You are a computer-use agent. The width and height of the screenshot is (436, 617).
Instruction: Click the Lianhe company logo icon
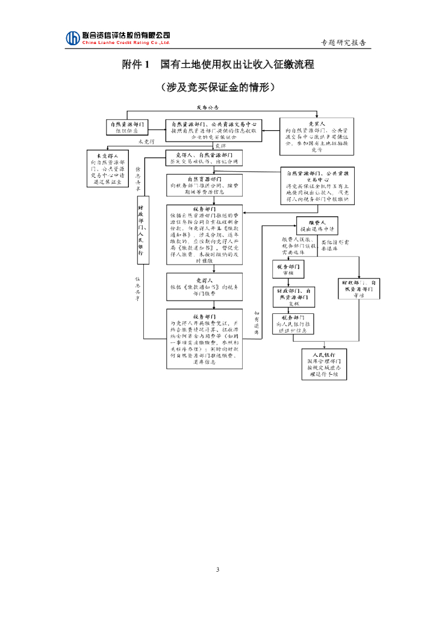(x=73, y=38)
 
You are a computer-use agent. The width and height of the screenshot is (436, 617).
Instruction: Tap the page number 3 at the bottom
(x=218, y=569)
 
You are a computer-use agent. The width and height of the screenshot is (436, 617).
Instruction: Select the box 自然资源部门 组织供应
(x=127, y=127)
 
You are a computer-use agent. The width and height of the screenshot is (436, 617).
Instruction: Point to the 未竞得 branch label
(x=147, y=142)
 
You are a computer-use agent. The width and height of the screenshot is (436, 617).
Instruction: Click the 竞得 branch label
(x=220, y=146)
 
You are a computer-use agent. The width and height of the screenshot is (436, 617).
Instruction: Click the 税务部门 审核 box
(x=289, y=269)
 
